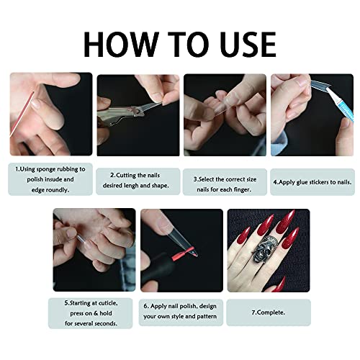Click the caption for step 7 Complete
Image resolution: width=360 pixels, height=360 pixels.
[269, 312]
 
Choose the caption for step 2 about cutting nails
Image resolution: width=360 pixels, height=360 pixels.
[137, 181]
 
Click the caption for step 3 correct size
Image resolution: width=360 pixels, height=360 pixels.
[224, 181]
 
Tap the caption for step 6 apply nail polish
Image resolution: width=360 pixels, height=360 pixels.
[181, 313]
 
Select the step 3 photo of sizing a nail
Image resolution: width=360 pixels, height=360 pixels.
[224, 115]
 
